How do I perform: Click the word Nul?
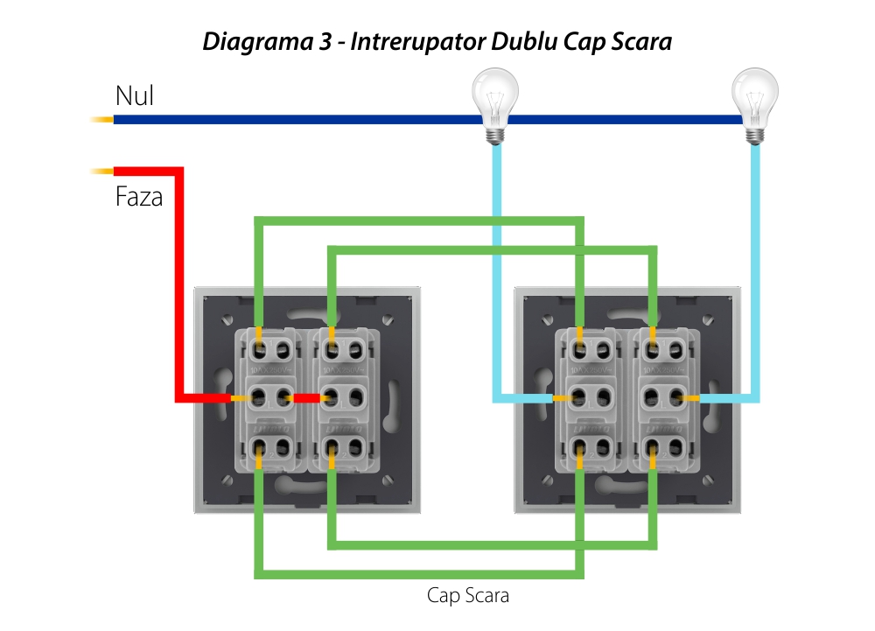(134, 95)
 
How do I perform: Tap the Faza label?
(139, 197)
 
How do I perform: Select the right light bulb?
(755, 102)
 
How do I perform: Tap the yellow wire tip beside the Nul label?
(101, 119)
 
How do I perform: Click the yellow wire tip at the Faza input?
(101, 170)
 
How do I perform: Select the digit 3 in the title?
(325, 41)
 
